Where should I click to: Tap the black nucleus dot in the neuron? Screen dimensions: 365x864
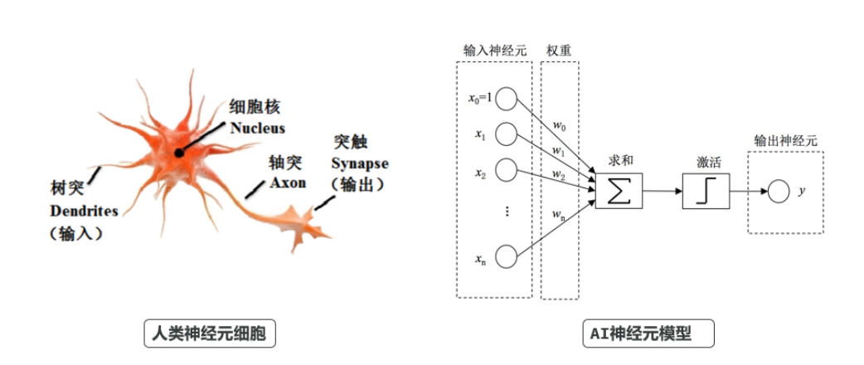(x=179, y=153)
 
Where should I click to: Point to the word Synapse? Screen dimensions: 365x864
(x=359, y=163)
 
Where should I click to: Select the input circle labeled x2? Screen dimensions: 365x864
(x=508, y=172)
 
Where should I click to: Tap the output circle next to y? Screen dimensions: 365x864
(x=777, y=192)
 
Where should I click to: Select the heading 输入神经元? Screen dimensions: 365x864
(x=494, y=50)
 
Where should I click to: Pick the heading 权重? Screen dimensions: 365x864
(x=558, y=50)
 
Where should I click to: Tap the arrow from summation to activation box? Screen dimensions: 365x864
(x=663, y=191)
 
